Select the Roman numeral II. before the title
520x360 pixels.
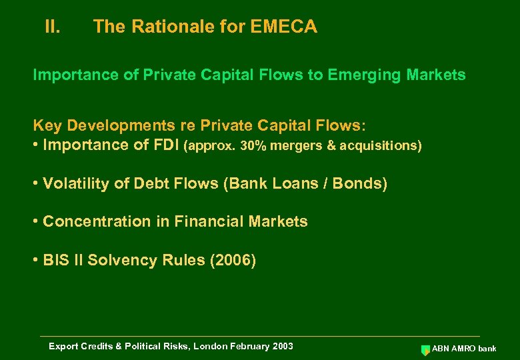pyautogui.click(x=53, y=27)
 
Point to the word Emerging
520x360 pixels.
pyautogui.click(x=359, y=75)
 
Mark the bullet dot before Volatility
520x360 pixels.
pyautogui.click(x=35, y=184)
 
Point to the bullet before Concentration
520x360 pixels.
pyautogui.click(x=35, y=222)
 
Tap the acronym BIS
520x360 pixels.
pyautogui.click(x=55, y=260)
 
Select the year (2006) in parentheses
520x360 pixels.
pyautogui.click(x=233, y=260)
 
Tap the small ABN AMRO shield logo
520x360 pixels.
pyautogui.click(x=425, y=349)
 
